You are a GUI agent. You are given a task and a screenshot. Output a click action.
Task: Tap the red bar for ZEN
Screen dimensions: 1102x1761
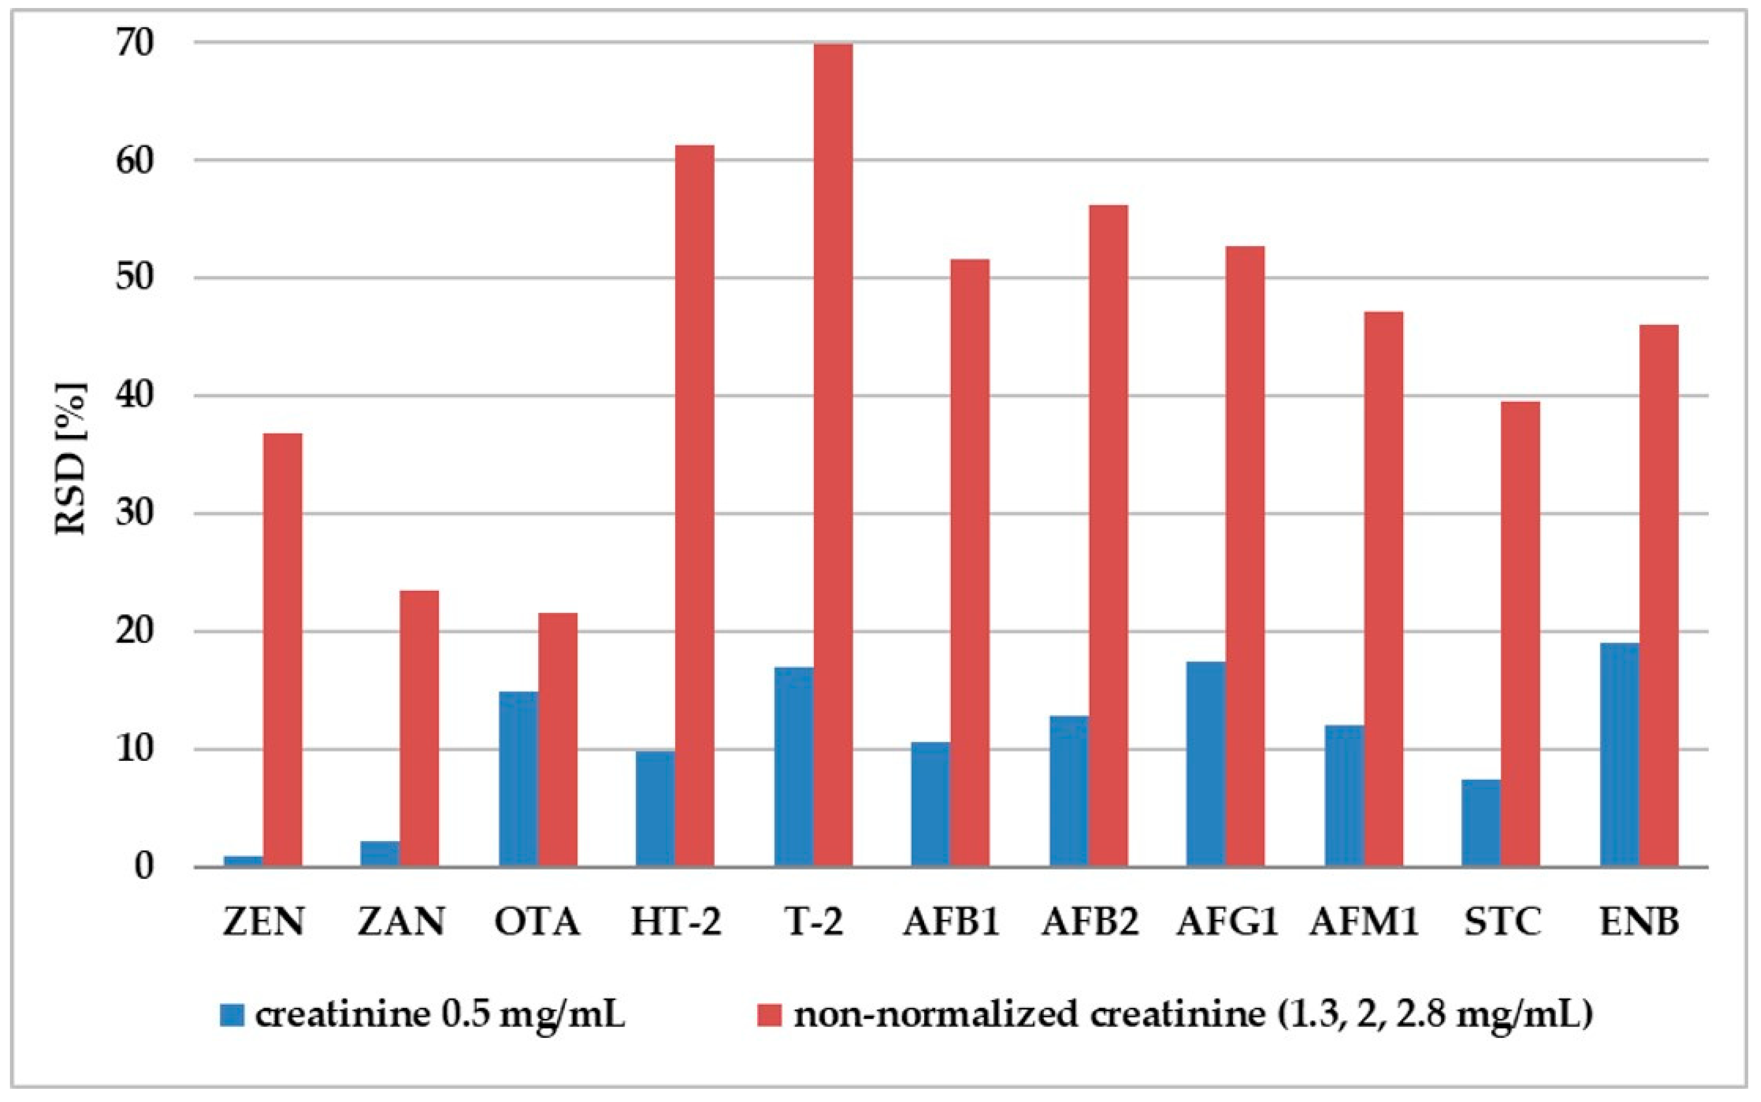click(282, 650)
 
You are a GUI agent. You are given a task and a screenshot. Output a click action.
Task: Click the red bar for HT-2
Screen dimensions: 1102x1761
click(695, 506)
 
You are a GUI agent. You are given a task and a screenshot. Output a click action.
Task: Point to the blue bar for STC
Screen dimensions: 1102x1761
click(1481, 824)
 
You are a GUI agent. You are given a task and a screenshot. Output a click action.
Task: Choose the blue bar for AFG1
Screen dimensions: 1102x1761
click(1206, 765)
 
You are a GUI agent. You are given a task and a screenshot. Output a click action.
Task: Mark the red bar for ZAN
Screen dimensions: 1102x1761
click(419, 729)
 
